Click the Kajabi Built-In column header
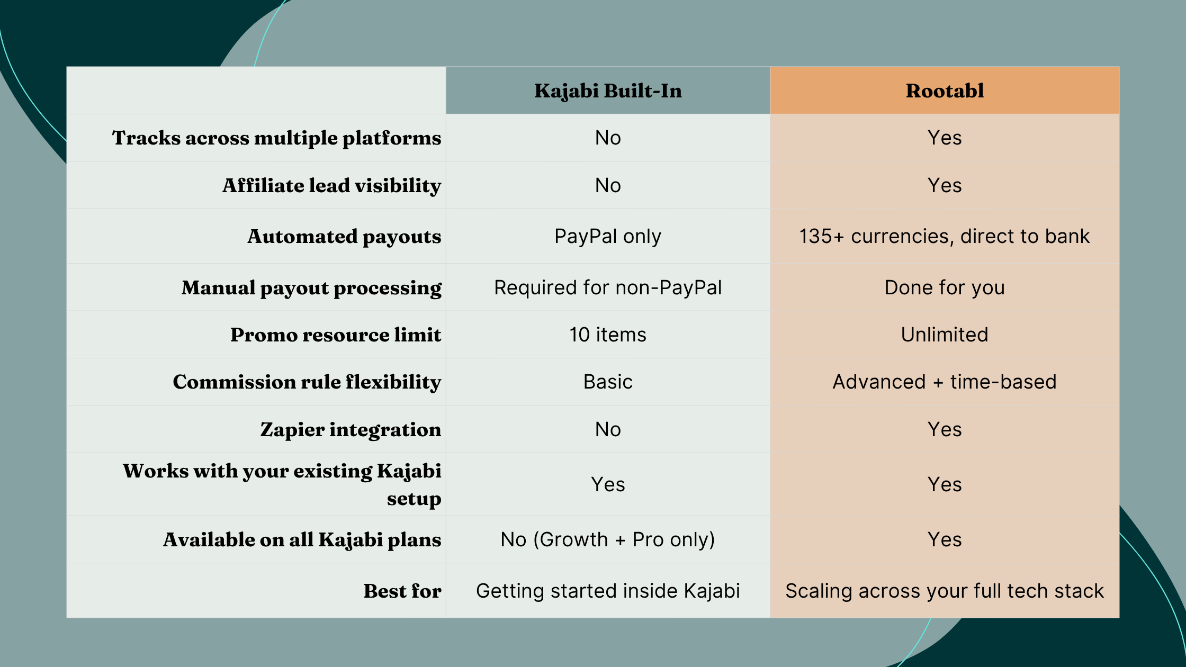point(608,91)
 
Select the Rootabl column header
point(945,91)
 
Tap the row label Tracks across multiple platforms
point(276,138)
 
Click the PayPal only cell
point(608,237)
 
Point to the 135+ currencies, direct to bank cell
point(945,237)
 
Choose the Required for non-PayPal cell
point(608,288)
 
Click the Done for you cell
point(945,288)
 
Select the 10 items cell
point(608,335)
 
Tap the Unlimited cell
point(945,335)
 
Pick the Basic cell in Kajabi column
point(608,382)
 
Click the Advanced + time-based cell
point(945,382)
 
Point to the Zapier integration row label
point(351,430)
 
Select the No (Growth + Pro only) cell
point(608,540)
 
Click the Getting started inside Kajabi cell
point(608,591)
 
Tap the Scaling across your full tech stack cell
point(945,591)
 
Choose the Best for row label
point(402,591)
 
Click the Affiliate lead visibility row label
point(331,186)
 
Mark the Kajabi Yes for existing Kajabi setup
point(608,485)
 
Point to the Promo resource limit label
point(336,335)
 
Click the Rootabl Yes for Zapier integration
point(945,430)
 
